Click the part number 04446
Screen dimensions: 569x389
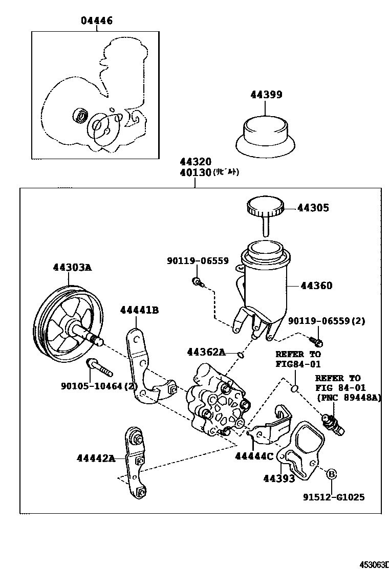96,21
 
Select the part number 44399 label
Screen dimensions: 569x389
266,95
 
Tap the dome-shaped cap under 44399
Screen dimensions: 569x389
265,134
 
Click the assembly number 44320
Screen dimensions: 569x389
195,162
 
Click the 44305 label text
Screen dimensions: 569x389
314,208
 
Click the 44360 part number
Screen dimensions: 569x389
316,286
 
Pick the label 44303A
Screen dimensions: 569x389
72,267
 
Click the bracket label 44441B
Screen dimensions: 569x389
139,310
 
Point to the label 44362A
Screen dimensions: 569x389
206,352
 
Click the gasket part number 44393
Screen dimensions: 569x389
278,478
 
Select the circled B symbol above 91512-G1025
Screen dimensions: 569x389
331,474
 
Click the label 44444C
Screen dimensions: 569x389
254,457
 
